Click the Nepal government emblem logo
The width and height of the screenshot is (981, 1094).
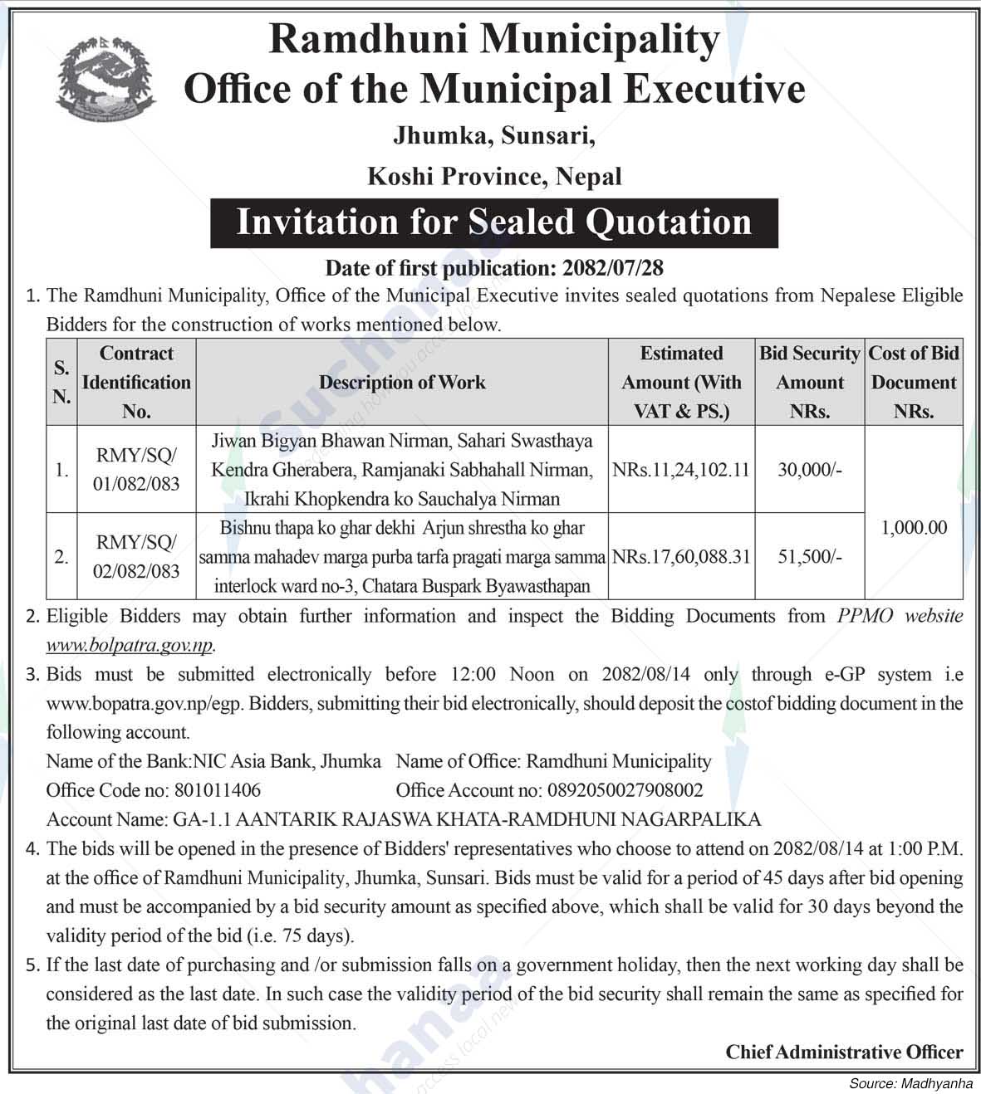tap(107, 79)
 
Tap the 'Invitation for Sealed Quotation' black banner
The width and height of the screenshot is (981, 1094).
tap(493, 222)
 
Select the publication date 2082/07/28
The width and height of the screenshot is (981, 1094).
tap(613, 267)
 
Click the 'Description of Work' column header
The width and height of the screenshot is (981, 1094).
tap(402, 382)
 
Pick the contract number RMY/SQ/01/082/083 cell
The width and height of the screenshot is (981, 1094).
tap(136, 469)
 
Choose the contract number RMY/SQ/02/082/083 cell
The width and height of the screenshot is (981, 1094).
tap(136, 556)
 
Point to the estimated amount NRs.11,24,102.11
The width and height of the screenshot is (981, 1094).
tap(681, 470)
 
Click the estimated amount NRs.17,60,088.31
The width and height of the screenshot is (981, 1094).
tap(681, 557)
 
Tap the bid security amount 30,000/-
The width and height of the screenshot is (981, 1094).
tap(810, 470)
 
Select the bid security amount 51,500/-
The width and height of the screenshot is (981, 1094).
tap(810, 557)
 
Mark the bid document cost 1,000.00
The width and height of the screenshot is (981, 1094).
tap(914, 527)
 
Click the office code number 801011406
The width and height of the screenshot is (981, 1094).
tap(217, 790)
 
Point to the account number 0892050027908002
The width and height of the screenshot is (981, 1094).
tap(623, 790)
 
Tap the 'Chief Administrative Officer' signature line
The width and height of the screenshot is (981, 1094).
tap(844, 1052)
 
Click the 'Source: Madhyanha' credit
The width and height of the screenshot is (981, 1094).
tap(910, 1083)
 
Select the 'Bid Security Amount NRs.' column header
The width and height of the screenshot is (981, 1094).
tap(810, 382)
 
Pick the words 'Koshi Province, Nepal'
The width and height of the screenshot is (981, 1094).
tap(494, 176)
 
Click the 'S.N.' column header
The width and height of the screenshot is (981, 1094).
tap(61, 382)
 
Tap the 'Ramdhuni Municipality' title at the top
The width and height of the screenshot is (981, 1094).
tap(494, 40)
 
